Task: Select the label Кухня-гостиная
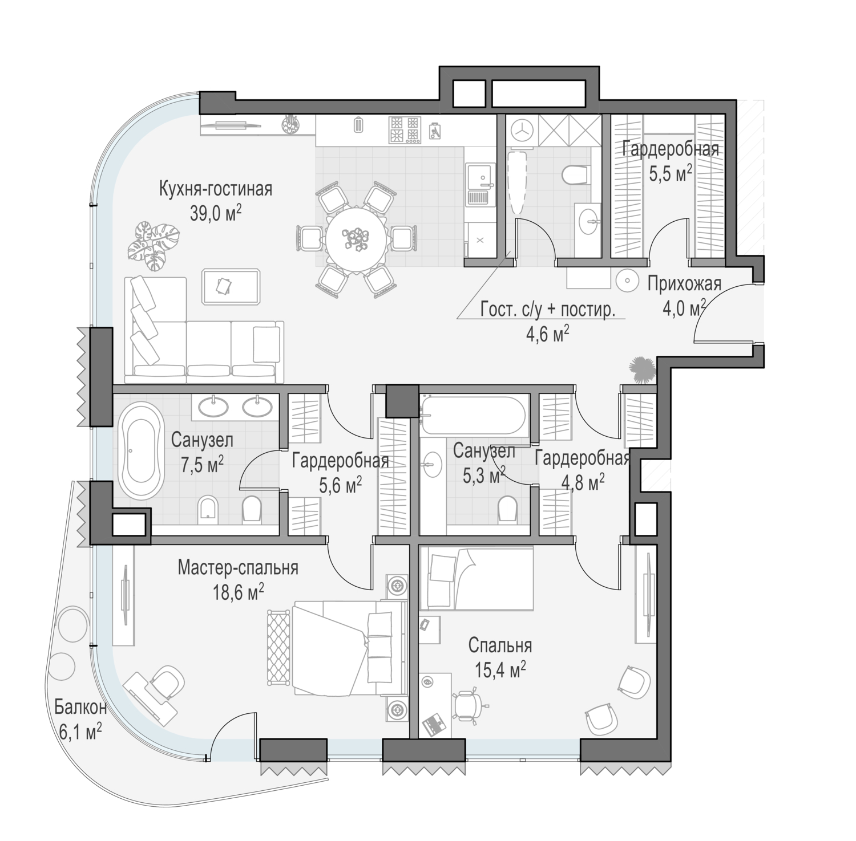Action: [x=216, y=189]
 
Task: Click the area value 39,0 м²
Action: [x=216, y=213]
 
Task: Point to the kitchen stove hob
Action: [x=405, y=129]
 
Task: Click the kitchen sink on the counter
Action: [x=478, y=184]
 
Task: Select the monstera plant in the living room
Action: [x=153, y=245]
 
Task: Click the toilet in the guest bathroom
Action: [x=575, y=174]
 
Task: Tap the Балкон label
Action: [x=80, y=708]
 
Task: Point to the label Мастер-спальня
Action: [x=238, y=568]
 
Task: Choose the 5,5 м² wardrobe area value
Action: [x=671, y=173]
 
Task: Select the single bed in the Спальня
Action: [x=476, y=578]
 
